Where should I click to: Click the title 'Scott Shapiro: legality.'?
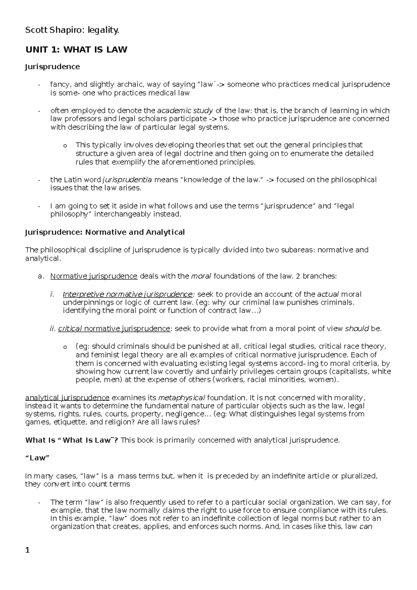tap(72, 31)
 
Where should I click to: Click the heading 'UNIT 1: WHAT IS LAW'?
tap(76, 50)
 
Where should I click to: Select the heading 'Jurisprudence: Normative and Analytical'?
tap(105, 232)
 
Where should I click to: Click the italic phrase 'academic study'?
tap(185, 110)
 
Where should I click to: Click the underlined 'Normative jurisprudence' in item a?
tap(94, 276)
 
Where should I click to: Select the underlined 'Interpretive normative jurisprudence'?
tap(127, 294)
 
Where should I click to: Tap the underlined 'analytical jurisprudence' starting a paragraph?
tap(67, 398)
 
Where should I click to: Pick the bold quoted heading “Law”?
tap(38, 458)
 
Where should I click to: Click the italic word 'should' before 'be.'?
tap(357, 328)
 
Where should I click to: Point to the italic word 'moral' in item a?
tap(201, 276)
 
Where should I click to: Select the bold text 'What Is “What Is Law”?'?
tap(72, 440)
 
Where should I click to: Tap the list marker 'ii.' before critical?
tap(53, 328)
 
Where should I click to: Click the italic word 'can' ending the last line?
tap(366, 526)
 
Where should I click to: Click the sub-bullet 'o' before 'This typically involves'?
tap(65, 146)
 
